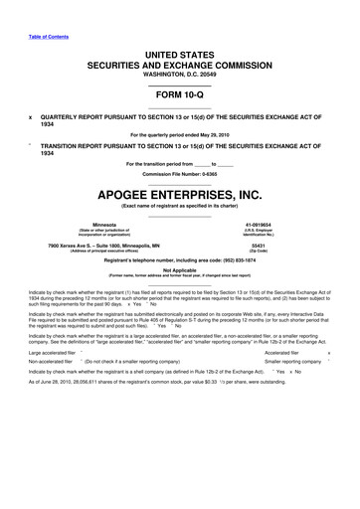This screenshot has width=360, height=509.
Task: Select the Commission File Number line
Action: tap(179, 172)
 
